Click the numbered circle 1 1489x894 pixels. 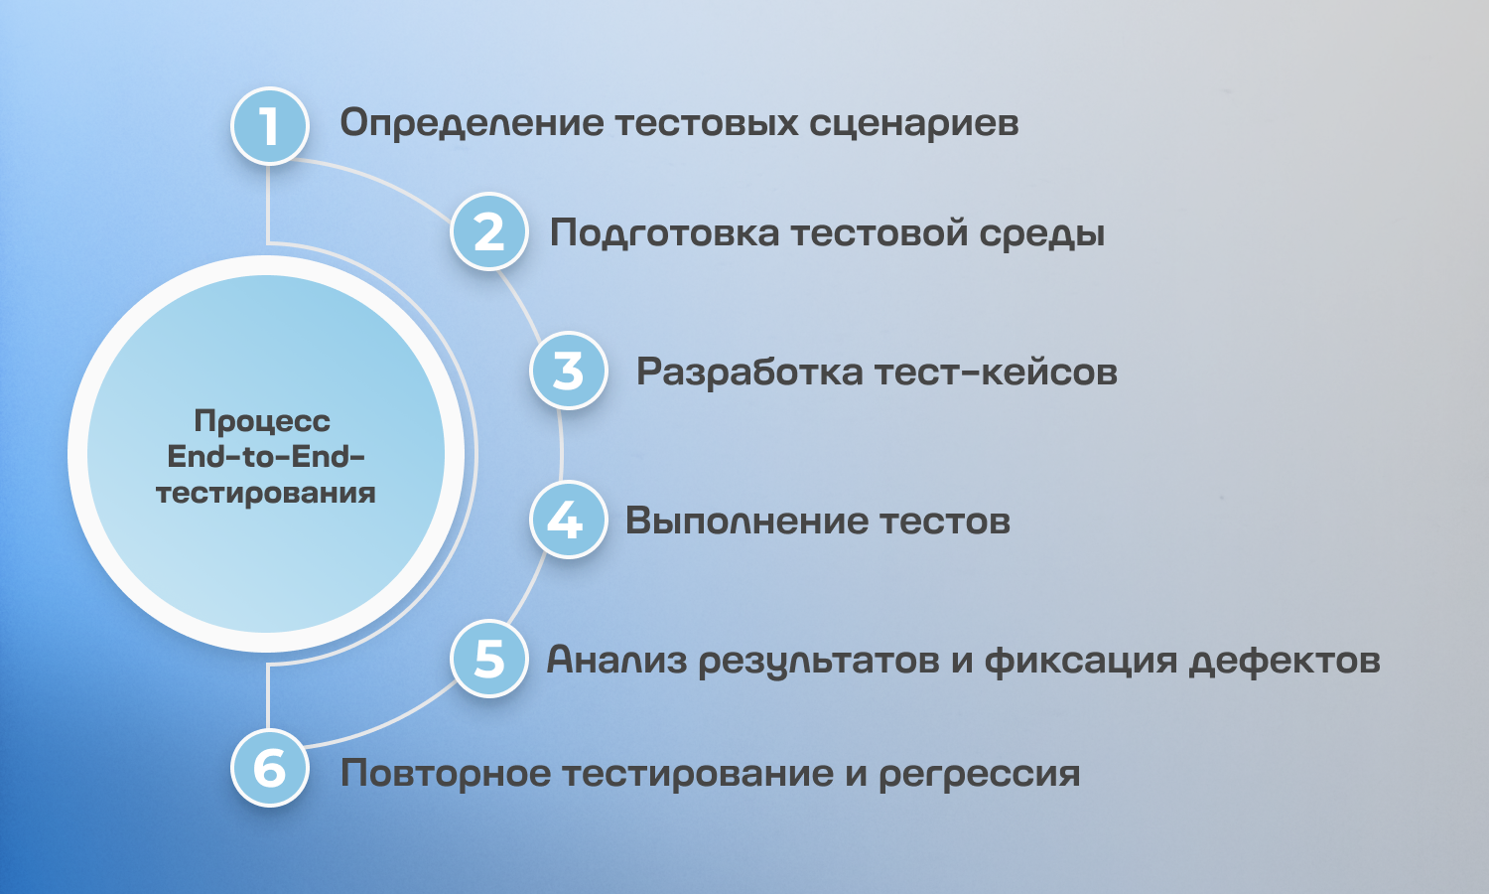point(269,126)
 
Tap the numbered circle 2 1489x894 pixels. point(489,231)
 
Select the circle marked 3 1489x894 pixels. point(569,371)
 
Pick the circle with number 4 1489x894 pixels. point(569,520)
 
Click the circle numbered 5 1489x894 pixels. point(489,659)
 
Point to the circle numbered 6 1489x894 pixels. point(269,768)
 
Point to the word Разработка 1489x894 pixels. point(749,372)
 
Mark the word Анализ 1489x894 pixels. point(616,660)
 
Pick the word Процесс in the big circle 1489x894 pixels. point(262,422)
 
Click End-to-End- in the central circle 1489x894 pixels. point(266,457)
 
